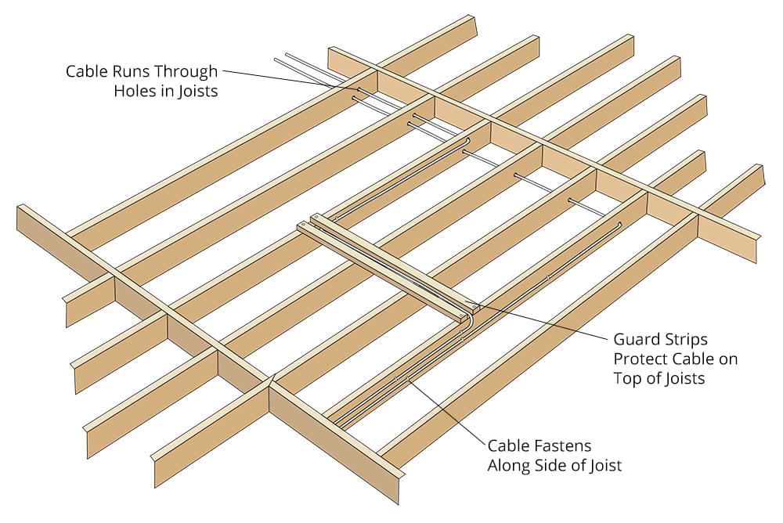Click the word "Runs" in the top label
click(x=130, y=72)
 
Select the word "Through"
click(x=186, y=72)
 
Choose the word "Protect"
click(x=640, y=359)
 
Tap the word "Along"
click(x=510, y=467)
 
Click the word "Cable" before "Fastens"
click(x=510, y=447)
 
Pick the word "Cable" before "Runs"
click(x=87, y=72)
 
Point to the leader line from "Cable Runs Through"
click(x=290, y=80)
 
